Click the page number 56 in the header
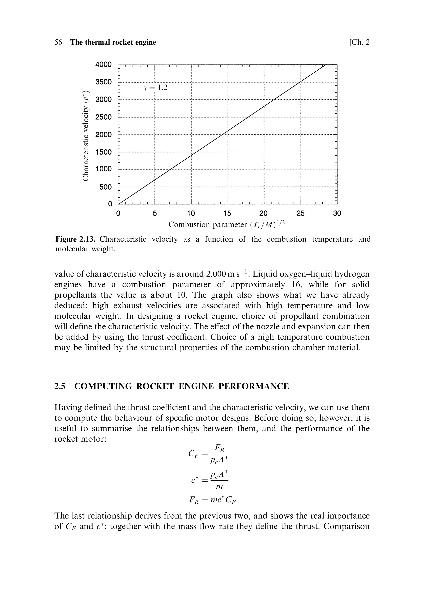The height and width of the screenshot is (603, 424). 58,42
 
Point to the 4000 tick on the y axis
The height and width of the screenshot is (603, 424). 104,64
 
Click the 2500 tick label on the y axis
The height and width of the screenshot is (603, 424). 104,117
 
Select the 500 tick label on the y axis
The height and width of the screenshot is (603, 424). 106,187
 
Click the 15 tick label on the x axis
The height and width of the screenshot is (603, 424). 227,213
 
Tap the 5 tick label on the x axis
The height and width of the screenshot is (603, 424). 155,213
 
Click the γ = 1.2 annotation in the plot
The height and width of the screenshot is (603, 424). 155,88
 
